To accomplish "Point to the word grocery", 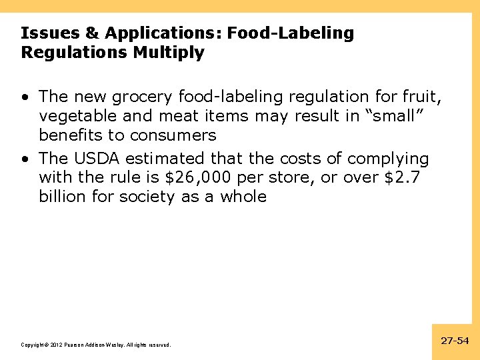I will tap(143, 97).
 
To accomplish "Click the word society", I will tap(149, 197).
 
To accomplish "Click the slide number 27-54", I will tap(455, 341).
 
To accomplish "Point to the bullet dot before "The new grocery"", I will tap(25, 97).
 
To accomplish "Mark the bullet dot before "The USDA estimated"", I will tap(25, 159).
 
